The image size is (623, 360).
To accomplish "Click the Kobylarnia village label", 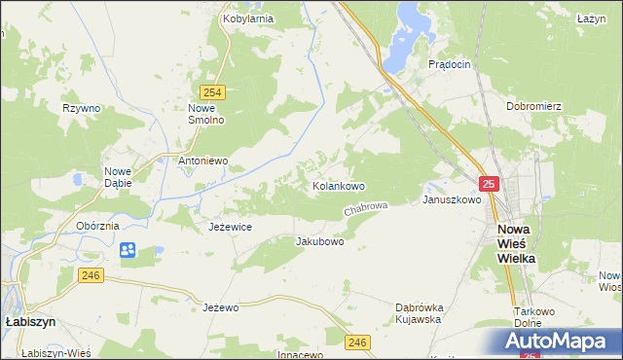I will [247, 18].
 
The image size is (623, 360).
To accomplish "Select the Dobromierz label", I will [532, 105].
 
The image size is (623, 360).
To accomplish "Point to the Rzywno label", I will [82, 108].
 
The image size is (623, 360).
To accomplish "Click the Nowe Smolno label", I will [206, 114].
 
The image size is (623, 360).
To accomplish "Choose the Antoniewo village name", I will [202, 161].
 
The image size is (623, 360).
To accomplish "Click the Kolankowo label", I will [338, 185].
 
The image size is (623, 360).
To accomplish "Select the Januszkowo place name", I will [452, 199].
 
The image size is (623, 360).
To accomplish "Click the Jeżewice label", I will [231, 226].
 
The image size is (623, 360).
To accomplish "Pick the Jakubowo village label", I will [319, 241].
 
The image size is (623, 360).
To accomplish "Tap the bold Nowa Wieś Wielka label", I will [514, 244].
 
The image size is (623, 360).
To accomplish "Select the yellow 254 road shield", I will [215, 92].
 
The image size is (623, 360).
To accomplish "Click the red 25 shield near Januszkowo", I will [489, 183].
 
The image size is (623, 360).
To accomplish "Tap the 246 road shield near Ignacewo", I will [358, 342].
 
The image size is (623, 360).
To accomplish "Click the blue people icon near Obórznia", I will [128, 251].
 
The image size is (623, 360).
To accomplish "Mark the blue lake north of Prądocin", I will [404, 39].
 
